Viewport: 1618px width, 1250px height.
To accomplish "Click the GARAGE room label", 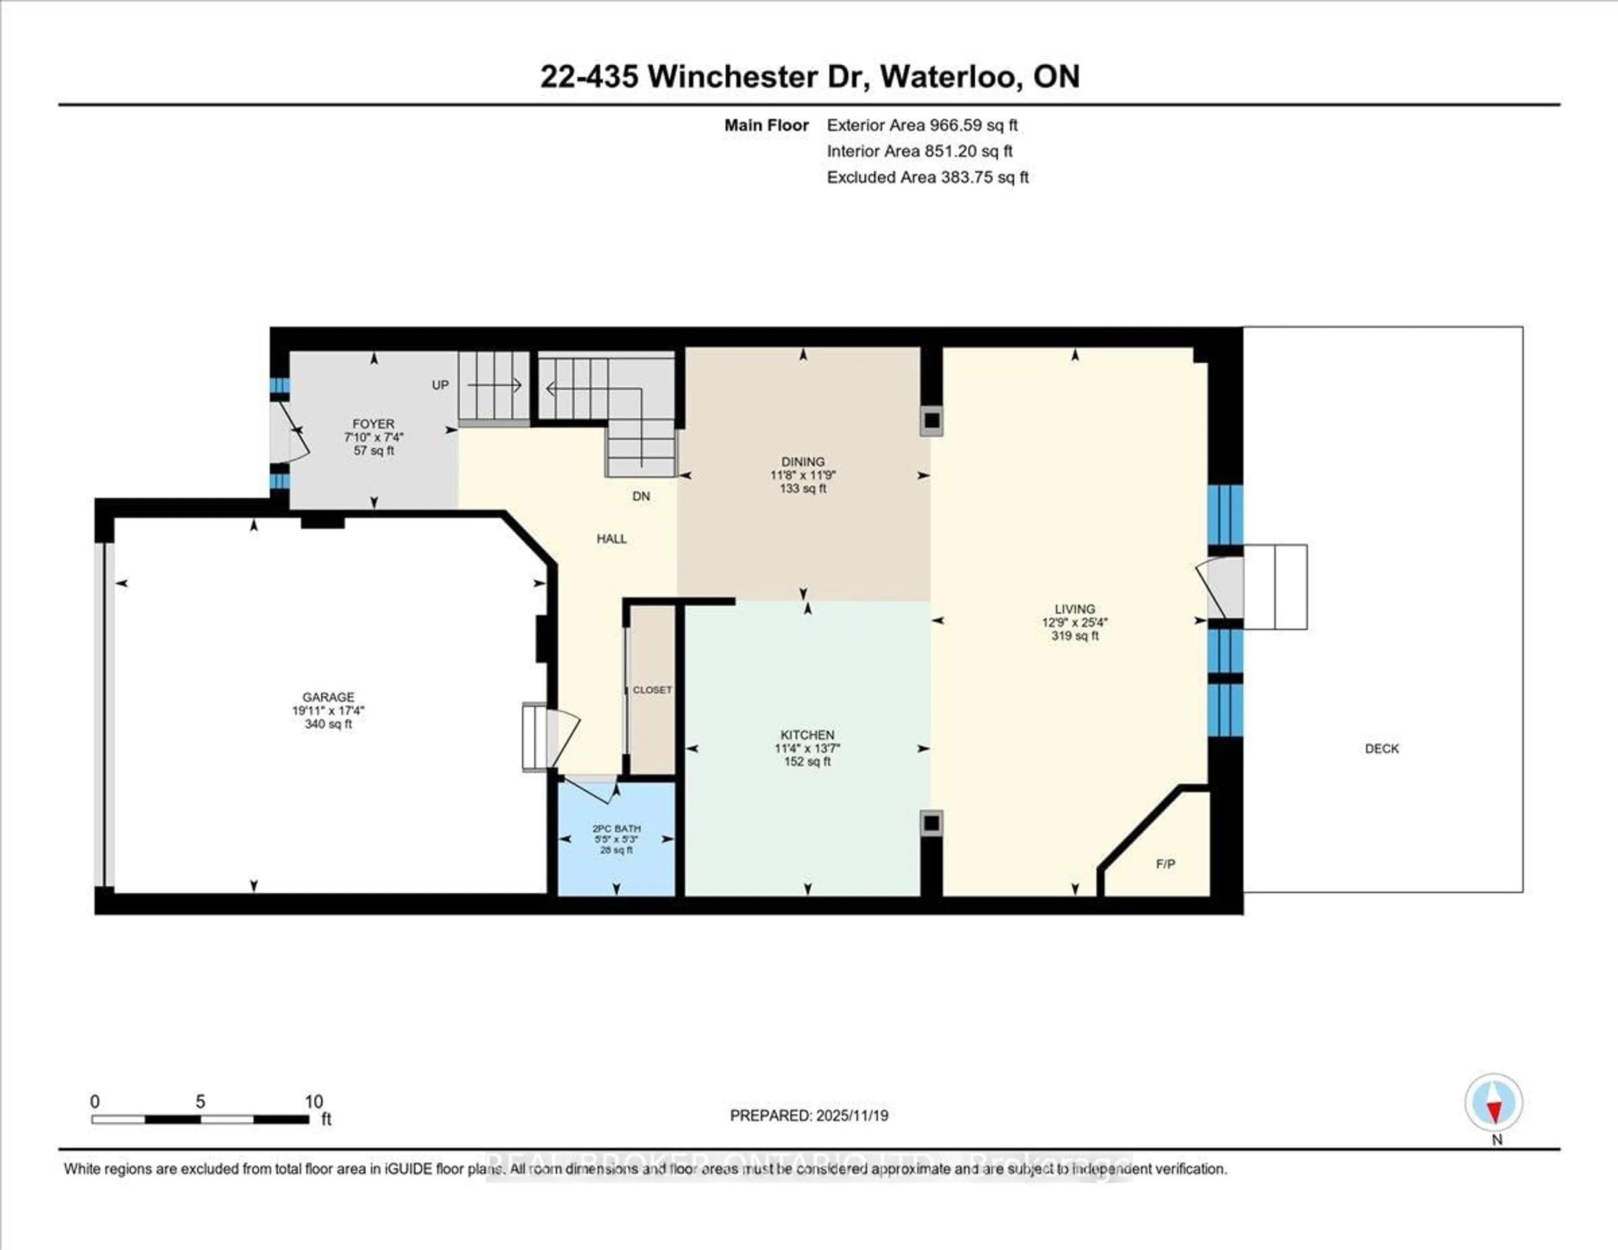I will tap(328, 697).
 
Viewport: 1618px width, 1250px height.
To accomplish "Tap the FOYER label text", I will tap(373, 424).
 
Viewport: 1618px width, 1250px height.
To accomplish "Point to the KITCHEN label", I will tap(807, 734).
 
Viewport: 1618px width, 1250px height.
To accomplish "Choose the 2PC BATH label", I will tap(616, 829).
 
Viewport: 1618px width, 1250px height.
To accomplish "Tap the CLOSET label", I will tap(652, 690).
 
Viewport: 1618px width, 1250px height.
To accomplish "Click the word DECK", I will tap(1382, 748).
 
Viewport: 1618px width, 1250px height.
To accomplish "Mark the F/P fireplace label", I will tap(1165, 864).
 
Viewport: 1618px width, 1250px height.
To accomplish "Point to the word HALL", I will tap(612, 539).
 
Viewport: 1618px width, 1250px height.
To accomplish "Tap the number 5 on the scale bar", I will tap(200, 1102).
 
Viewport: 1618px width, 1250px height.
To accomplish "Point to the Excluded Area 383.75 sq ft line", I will tap(927, 177).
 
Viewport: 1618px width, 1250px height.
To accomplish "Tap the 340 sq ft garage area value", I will tap(328, 724).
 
